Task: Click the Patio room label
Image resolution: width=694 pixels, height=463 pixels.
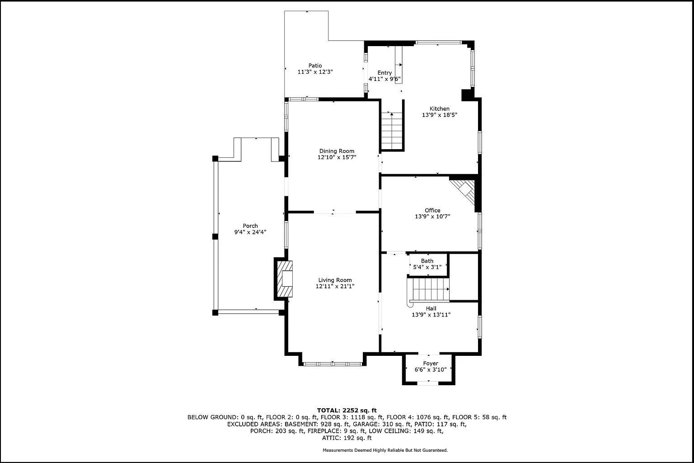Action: [x=315, y=66]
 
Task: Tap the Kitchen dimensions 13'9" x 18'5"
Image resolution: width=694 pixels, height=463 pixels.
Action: [x=439, y=115]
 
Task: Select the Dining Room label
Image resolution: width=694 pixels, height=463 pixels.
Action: [x=337, y=151]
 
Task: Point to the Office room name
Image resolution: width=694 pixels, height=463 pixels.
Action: [x=432, y=210]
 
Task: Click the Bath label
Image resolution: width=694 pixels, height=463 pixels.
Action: [x=427, y=261]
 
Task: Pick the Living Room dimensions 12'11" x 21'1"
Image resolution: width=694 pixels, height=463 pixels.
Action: [x=335, y=286]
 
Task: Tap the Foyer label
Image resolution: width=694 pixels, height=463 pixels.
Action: [x=431, y=364]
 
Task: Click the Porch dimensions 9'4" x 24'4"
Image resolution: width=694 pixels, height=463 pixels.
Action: [x=250, y=232]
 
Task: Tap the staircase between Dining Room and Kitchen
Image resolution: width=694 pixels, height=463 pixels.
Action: [x=392, y=131]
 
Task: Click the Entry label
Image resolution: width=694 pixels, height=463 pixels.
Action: [x=385, y=72]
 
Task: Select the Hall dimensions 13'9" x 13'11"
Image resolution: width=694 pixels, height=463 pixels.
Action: [x=431, y=315]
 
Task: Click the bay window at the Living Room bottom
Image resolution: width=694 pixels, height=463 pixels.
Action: [x=333, y=364]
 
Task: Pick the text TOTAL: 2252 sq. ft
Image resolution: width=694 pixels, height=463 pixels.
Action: [x=347, y=411]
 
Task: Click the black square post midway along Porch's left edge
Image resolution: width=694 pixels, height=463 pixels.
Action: [x=215, y=236]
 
